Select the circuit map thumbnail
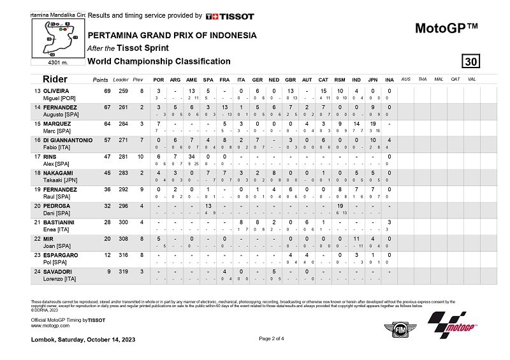click(x=55, y=36)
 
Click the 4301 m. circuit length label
click(x=55, y=62)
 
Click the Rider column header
click(x=55, y=80)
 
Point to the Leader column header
click(x=120, y=80)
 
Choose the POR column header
click(x=159, y=80)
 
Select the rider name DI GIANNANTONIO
click(x=62, y=140)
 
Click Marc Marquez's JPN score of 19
click(x=374, y=124)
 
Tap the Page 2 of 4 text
click(x=272, y=338)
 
